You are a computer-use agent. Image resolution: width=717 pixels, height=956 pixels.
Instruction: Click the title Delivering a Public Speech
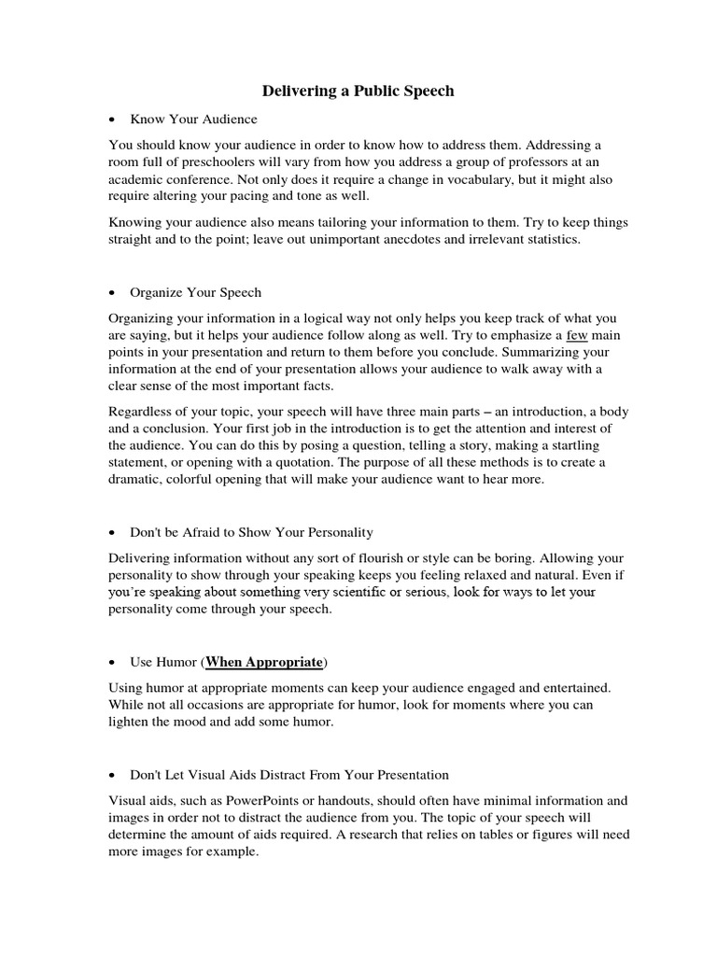click(358, 91)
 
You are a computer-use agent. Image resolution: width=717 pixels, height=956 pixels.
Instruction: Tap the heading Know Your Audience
click(193, 119)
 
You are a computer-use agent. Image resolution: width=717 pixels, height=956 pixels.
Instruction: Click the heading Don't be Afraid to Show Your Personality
click(251, 532)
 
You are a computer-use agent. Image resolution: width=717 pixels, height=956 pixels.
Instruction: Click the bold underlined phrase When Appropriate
click(263, 662)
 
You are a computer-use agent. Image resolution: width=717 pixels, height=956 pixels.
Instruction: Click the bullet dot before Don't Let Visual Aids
click(112, 775)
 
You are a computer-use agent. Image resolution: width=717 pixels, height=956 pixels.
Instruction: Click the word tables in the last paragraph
click(495, 836)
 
